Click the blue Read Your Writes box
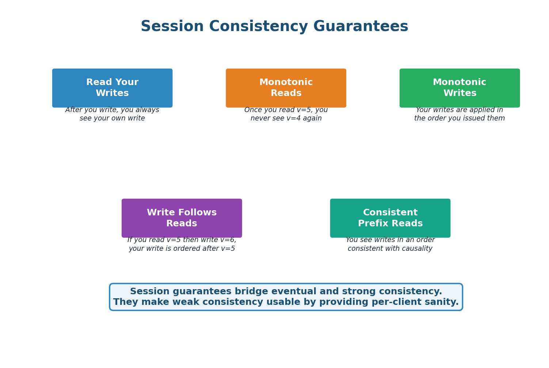pyautogui.click(x=112, y=88)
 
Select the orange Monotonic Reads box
pyautogui.click(x=286, y=88)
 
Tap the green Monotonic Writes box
pyautogui.click(x=460, y=88)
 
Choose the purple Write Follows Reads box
pyautogui.click(x=182, y=218)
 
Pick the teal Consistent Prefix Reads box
pyautogui.click(x=390, y=218)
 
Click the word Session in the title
pyautogui.click(x=172, y=27)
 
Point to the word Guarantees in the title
pyautogui.click(x=361, y=27)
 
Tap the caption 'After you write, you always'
pyautogui.click(x=112, y=110)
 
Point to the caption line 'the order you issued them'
pyautogui.click(x=460, y=119)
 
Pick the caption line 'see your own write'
pyautogui.click(x=112, y=119)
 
